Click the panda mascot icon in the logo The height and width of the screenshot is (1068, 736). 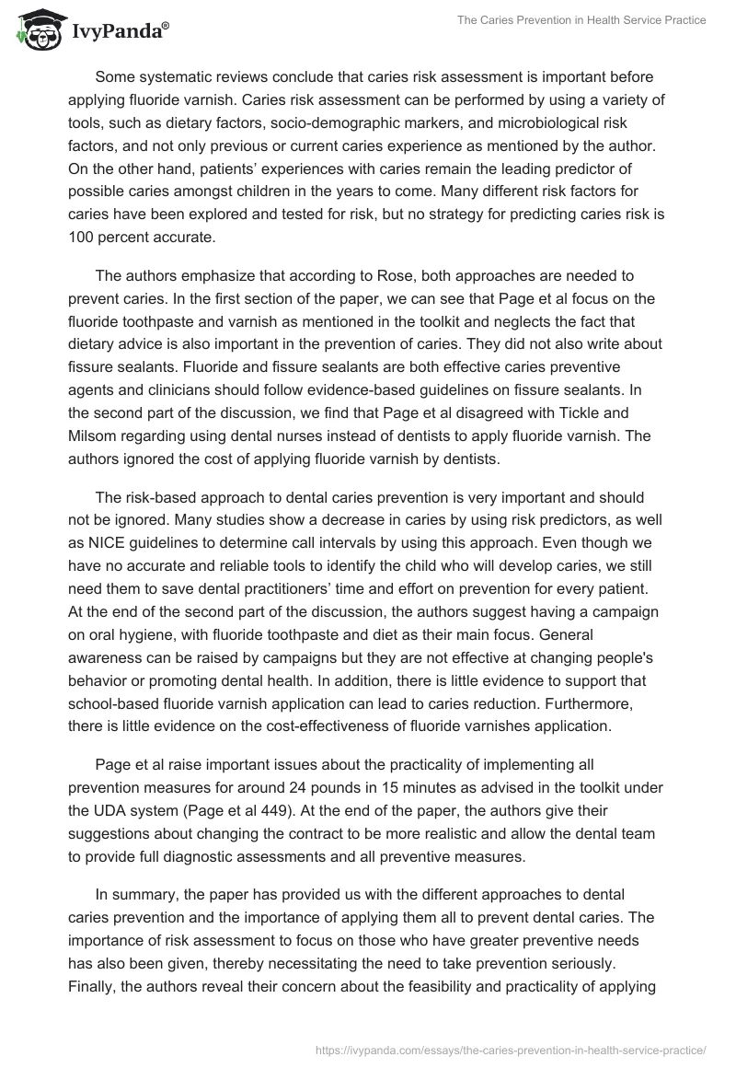[x=36, y=30]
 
